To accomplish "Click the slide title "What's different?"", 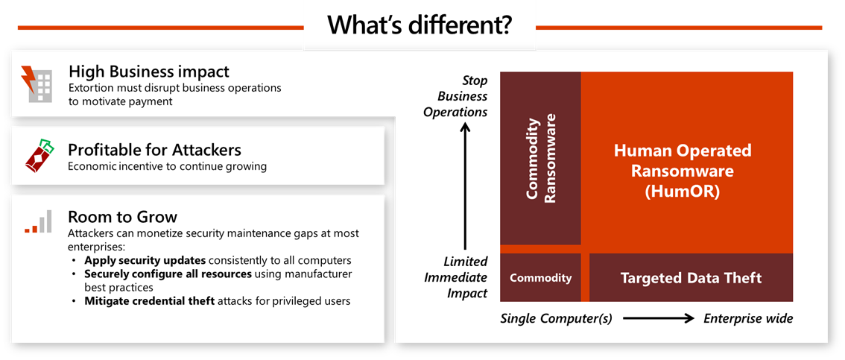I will [x=420, y=25].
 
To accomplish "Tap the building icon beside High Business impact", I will [x=35, y=83].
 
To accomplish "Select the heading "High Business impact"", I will [x=148, y=72].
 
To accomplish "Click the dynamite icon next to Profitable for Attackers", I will [x=36, y=155].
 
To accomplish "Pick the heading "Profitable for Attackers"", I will [x=154, y=150].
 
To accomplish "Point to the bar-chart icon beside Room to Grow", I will [x=38, y=222].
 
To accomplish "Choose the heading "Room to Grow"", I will [x=122, y=217].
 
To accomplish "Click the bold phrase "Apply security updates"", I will [x=145, y=261].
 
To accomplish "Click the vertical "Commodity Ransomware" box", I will [x=540, y=158].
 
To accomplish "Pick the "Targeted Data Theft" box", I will [x=691, y=278].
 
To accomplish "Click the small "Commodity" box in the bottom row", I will [x=540, y=278].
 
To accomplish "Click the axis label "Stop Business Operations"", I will [x=456, y=96].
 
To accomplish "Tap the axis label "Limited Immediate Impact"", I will [x=456, y=277].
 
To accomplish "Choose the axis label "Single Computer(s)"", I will [x=556, y=318].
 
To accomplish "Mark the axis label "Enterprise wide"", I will [x=748, y=318].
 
